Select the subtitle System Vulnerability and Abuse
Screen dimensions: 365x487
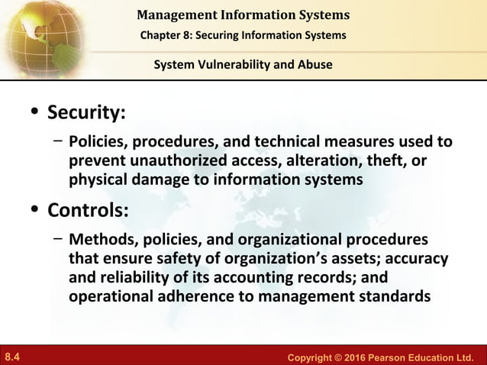(x=243, y=65)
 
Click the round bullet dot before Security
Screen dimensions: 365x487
(x=34, y=114)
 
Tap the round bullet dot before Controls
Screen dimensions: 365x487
(x=34, y=208)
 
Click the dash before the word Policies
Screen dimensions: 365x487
(x=58, y=141)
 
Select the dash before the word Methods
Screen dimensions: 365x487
(x=58, y=236)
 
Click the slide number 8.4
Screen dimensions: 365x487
(x=12, y=357)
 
